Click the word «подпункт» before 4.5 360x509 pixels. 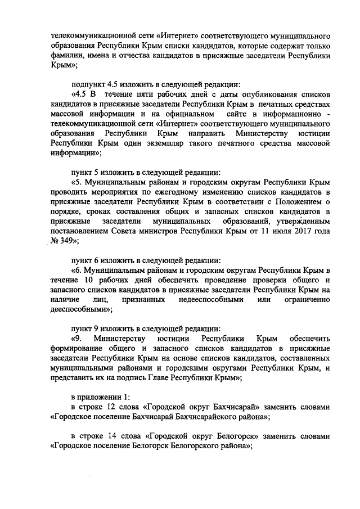pyautogui.click(x=89, y=84)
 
